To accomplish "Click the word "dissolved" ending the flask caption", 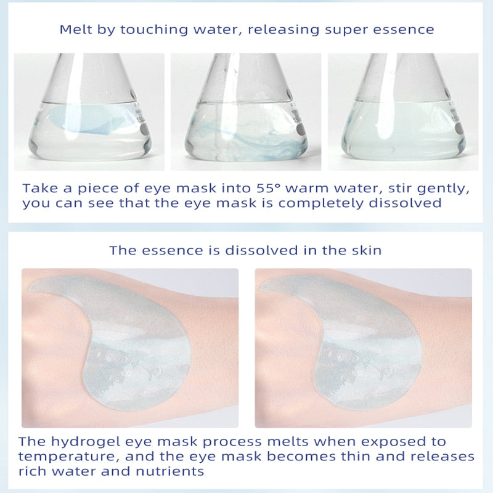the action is [x=405, y=203].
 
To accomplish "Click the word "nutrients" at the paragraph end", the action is [x=170, y=471].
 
